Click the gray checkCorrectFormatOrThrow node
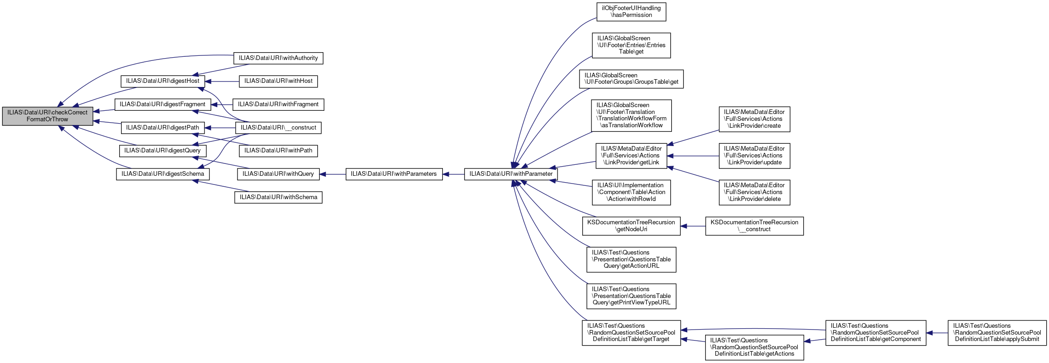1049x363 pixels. coord(48,116)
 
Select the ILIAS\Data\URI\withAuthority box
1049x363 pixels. coord(278,58)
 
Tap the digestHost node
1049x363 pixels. coord(163,81)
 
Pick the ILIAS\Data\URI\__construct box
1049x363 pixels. coord(278,128)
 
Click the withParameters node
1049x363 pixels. coord(394,174)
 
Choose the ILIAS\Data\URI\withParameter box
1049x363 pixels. coord(511,174)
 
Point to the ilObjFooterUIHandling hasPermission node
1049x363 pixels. coord(631,12)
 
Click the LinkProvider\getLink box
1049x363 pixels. coord(631,156)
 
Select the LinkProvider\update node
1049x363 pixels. coord(754,156)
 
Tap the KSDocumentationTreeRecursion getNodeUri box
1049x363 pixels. coord(631,226)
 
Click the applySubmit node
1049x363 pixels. coord(997,333)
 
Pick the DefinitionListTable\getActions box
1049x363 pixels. coord(754,347)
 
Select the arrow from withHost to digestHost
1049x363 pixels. coord(222,81)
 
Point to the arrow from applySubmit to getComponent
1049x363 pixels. coord(937,333)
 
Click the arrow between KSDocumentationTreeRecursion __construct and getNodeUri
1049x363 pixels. coord(693,226)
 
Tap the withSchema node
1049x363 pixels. coord(278,197)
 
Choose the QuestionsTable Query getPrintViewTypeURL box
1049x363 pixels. coord(631,296)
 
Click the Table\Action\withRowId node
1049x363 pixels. coord(631,192)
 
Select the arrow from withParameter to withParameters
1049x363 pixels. coord(453,174)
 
